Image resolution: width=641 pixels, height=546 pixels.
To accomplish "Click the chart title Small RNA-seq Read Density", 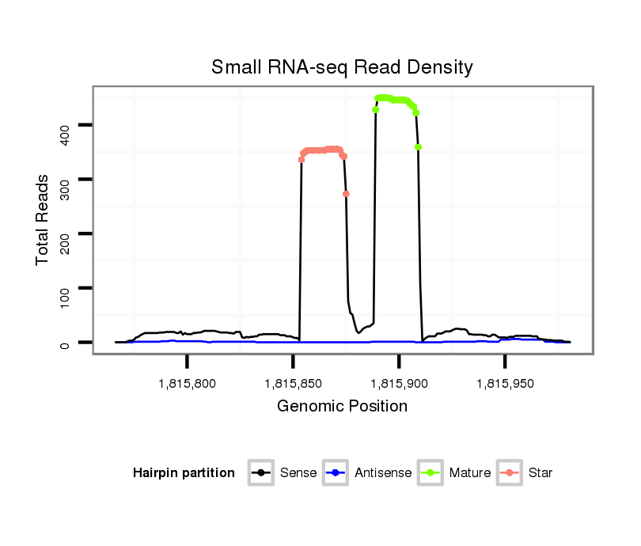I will point(342,67).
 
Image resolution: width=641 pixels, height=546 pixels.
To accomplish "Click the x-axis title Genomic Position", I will point(342,407).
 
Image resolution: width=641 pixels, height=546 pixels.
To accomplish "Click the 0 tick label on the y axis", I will point(65,343).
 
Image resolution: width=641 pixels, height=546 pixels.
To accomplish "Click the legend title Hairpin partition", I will point(184,473).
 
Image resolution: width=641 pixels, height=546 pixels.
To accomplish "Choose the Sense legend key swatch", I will point(261,473).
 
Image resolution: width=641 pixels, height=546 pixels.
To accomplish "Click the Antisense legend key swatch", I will point(336,473).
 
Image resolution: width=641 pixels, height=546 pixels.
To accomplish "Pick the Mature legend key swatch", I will point(430,473).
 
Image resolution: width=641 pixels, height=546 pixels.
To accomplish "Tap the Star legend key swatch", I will point(510,473).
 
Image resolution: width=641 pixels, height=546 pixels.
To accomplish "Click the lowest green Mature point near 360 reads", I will point(418,147).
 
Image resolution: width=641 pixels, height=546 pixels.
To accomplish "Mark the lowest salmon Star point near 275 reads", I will point(346,194).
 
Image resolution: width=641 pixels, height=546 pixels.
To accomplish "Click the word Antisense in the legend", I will point(383,473).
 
